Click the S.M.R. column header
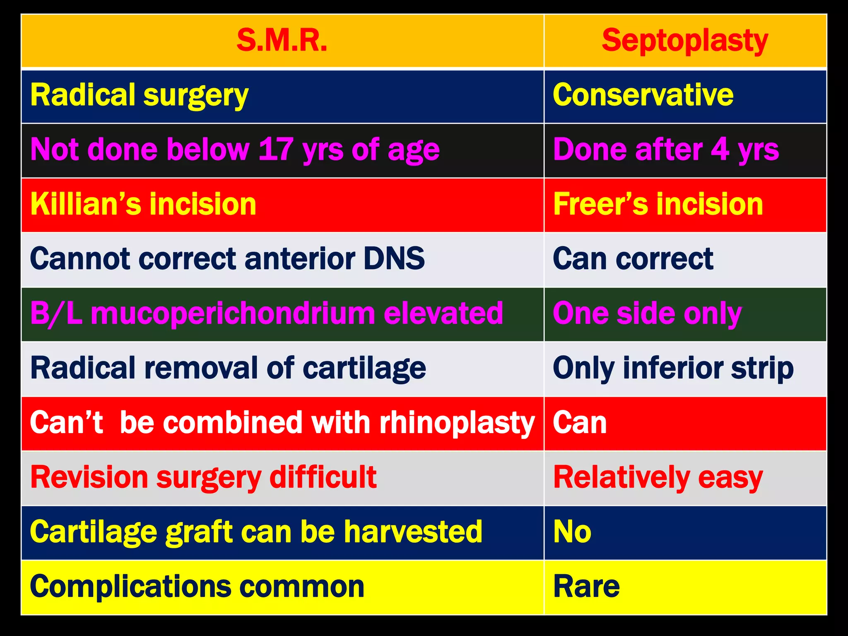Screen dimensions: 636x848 coord(282,41)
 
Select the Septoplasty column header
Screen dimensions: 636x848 coord(685,41)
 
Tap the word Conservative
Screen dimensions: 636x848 coord(643,95)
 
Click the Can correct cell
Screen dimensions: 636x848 coord(633,258)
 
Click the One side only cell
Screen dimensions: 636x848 coord(647,313)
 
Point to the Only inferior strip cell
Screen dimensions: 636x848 coord(673,368)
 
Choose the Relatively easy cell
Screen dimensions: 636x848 coord(658,477)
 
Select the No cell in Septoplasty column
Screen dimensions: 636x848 coord(573,532)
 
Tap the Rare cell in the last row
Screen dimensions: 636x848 coord(586,587)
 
